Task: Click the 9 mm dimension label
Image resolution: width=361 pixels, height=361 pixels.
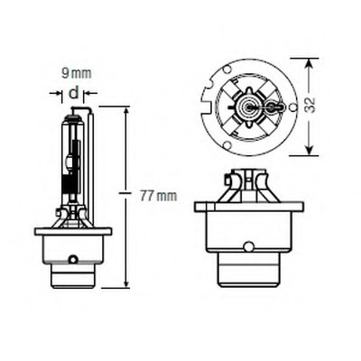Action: click(77, 73)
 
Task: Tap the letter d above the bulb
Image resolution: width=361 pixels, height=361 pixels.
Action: click(73, 93)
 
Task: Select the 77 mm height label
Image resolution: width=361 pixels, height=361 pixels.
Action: click(158, 197)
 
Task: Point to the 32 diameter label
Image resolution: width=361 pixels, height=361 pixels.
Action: click(311, 105)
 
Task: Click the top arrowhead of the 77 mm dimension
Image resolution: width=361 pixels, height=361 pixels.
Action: click(126, 111)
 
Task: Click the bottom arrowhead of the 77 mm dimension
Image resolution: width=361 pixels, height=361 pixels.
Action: click(126, 283)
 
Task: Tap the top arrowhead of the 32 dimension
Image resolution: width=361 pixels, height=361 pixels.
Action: click(310, 63)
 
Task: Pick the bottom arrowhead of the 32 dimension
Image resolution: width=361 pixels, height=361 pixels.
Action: click(310, 150)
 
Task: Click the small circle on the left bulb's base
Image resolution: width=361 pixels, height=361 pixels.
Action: click(72, 259)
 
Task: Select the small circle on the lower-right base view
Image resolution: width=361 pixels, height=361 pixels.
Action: click(248, 246)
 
